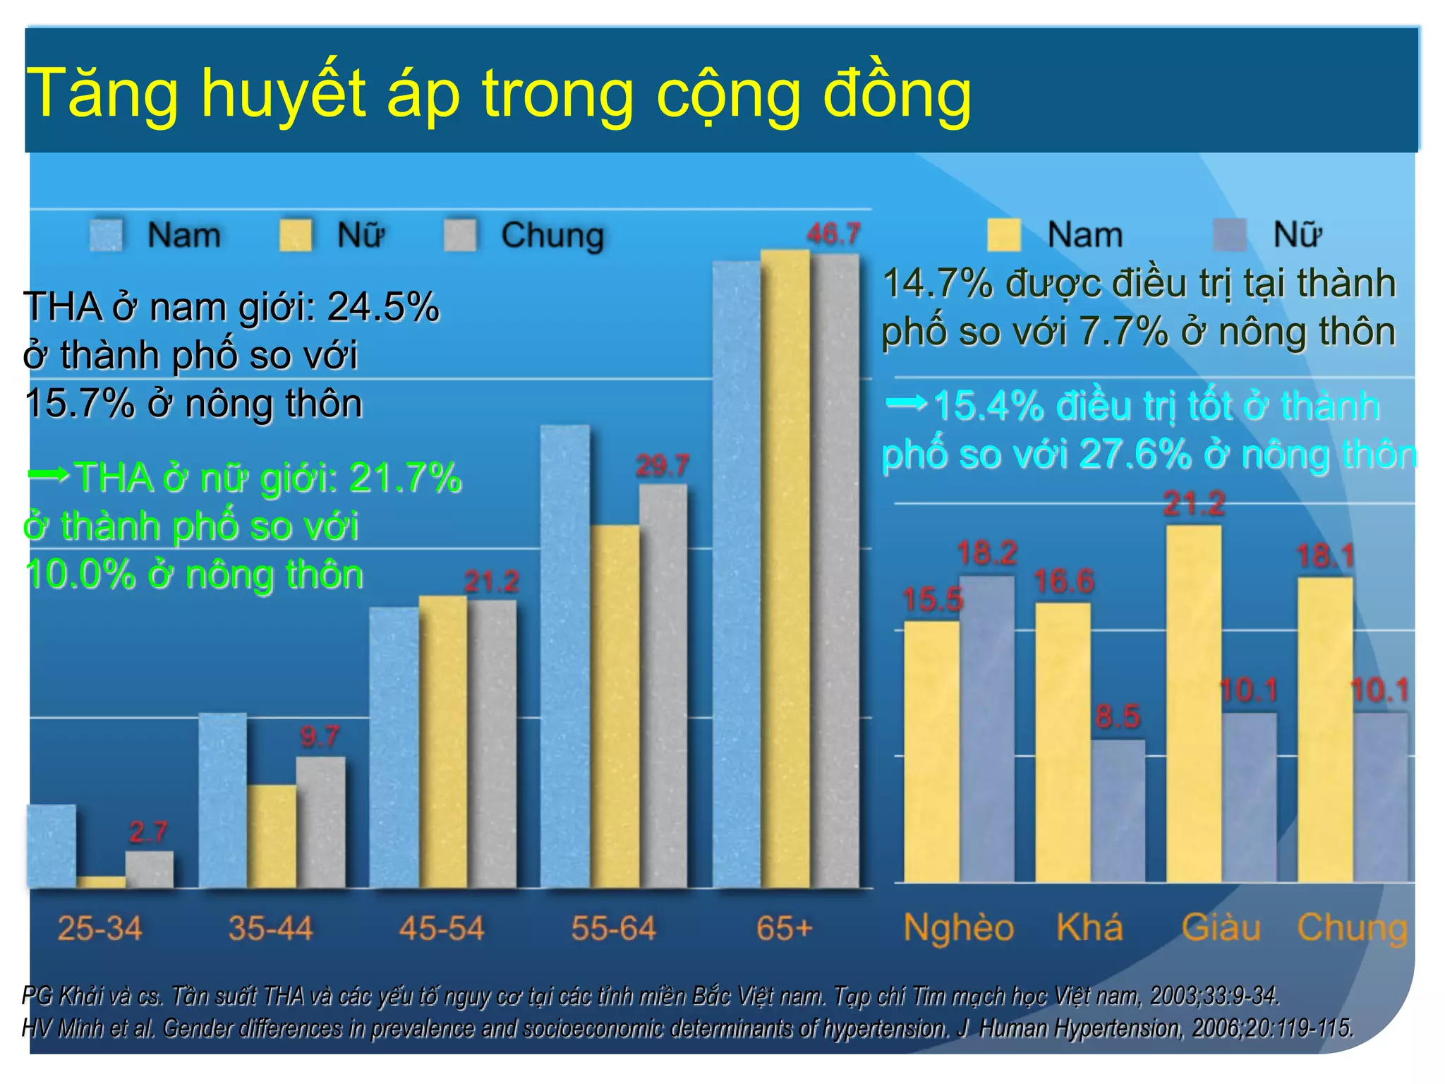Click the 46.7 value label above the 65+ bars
coord(833,234)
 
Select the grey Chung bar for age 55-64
coord(663,685)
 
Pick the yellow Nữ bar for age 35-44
coord(272,836)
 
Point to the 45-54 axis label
coord(442,929)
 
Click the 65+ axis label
coord(784,929)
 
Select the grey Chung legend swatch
coord(460,235)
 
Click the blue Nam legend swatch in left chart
coord(107,235)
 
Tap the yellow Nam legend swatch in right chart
coord(1003,235)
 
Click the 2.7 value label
coord(148,833)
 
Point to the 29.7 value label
coord(662,466)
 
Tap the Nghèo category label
coord(958,927)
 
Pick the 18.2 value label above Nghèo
coord(986,553)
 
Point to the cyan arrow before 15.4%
coord(906,403)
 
